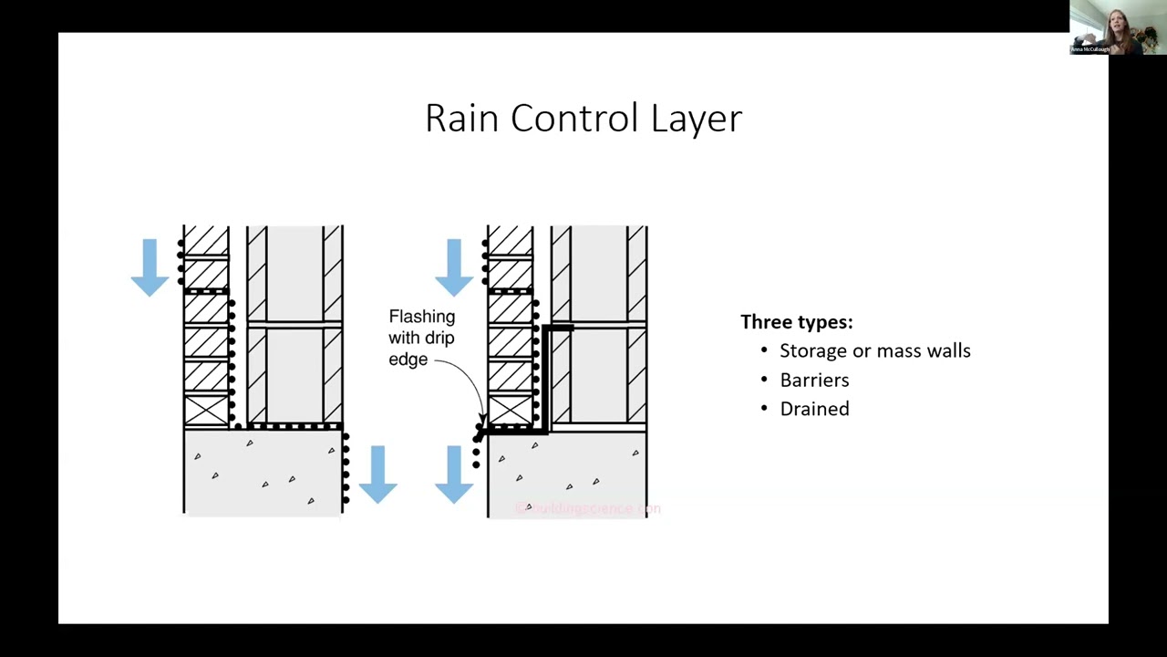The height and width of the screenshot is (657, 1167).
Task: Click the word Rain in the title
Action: pyautogui.click(x=462, y=119)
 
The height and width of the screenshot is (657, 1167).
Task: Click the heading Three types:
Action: pyautogui.click(x=796, y=322)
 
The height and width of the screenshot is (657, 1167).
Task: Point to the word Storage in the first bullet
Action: pyautogui.click(x=812, y=351)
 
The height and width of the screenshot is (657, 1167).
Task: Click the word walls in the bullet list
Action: pyautogui.click(x=948, y=350)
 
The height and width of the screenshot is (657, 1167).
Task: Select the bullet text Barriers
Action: pyautogui.click(x=814, y=381)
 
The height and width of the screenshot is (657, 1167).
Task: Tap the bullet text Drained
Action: pyautogui.click(x=814, y=410)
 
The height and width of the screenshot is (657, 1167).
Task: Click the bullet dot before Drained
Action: pyautogui.click(x=764, y=410)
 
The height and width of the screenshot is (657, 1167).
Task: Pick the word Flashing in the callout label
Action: pyautogui.click(x=421, y=317)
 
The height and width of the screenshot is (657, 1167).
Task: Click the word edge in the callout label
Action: pyautogui.click(x=408, y=360)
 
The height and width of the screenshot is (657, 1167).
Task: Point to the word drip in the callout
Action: pyautogui.click(x=439, y=338)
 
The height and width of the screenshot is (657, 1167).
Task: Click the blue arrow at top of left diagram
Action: pyautogui.click(x=150, y=266)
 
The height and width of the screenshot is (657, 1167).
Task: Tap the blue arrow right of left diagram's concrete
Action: pyautogui.click(x=377, y=474)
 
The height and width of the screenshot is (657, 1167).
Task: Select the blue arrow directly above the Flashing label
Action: pyautogui.click(x=454, y=266)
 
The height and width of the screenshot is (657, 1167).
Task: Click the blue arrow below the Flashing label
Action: pyautogui.click(x=454, y=474)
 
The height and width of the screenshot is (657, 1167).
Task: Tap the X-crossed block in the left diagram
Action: pyautogui.click(x=206, y=411)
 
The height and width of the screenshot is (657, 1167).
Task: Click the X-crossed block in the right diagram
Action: pyautogui.click(x=510, y=411)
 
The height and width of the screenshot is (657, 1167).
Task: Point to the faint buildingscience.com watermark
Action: pyautogui.click(x=587, y=508)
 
